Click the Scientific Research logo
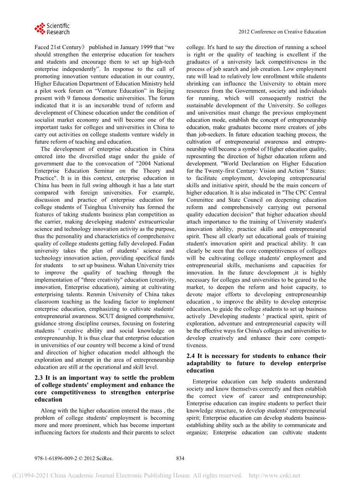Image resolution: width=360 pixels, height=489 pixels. tap(52, 29)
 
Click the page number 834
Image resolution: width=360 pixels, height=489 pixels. tap(180, 458)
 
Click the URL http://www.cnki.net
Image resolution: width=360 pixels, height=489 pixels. tap(274, 475)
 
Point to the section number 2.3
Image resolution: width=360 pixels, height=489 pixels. tap(39, 378)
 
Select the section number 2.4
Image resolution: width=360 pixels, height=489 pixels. tap(191, 356)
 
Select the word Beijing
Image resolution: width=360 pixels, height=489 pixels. tap(165, 91)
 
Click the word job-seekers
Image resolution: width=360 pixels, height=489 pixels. tap(212, 135)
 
